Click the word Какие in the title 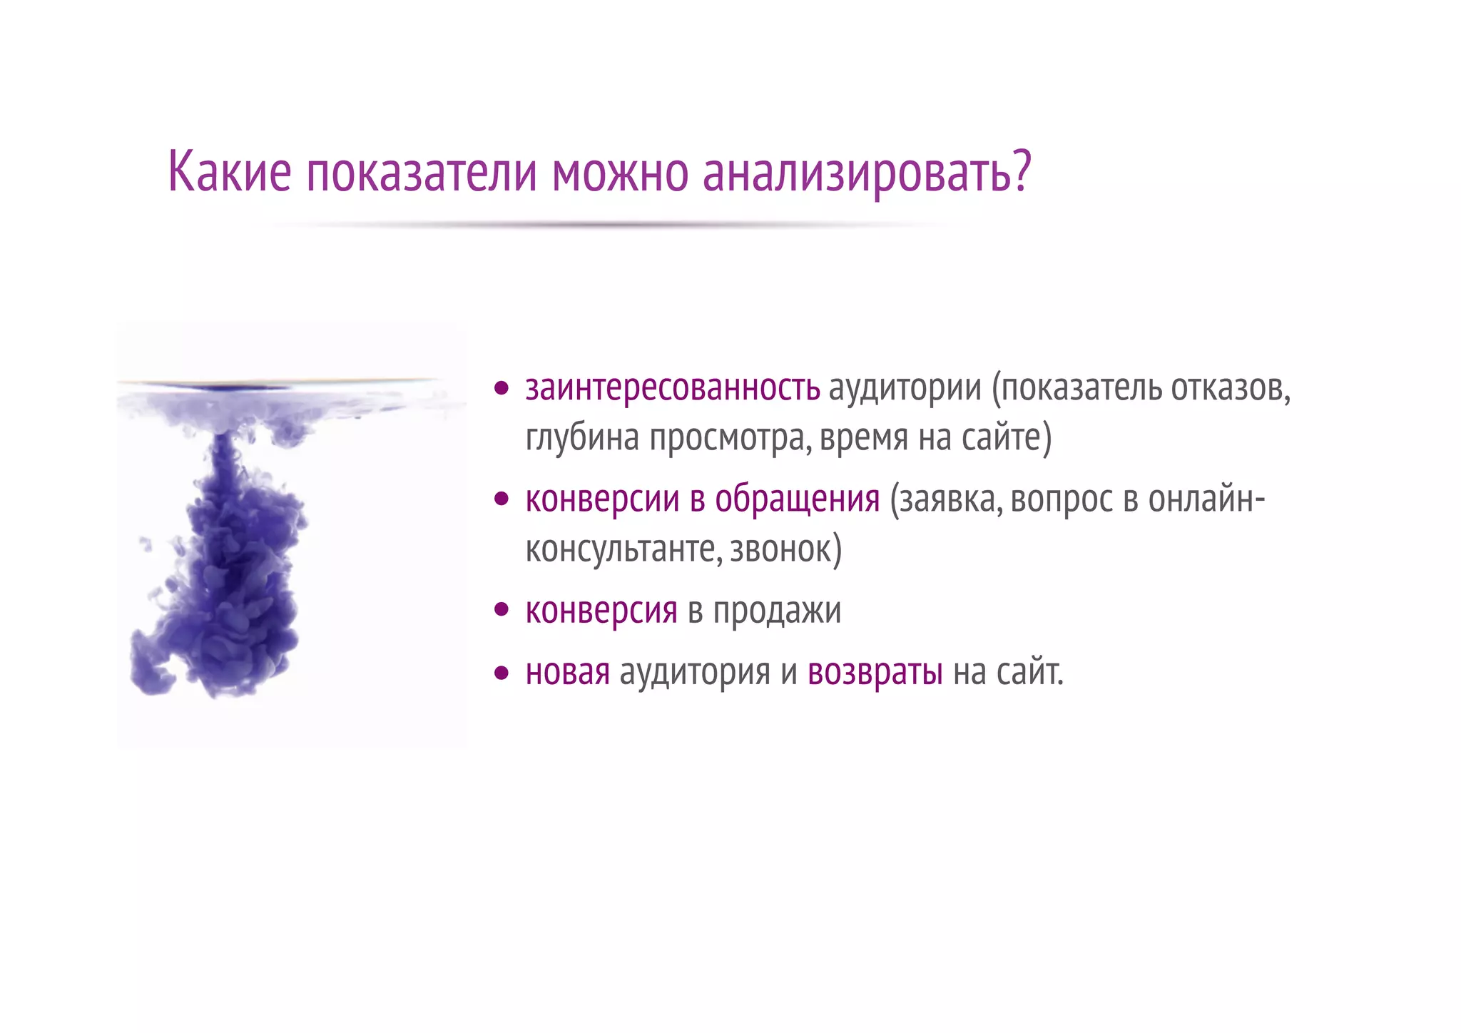point(230,172)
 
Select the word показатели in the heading point(422,173)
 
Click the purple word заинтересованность point(673,388)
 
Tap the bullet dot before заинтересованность point(502,389)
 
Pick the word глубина point(582,438)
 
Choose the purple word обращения point(798,499)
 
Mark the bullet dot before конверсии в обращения point(502,499)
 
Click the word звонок point(782,549)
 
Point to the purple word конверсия point(601,611)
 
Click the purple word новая point(568,672)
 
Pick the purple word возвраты point(875,672)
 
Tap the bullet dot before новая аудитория point(502,672)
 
